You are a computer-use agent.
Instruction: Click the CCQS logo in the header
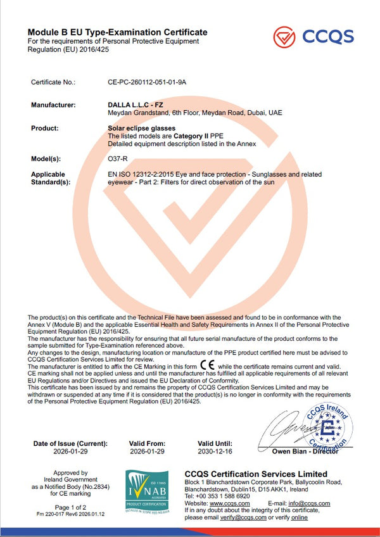coord(313,36)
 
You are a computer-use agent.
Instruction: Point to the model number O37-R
coord(118,159)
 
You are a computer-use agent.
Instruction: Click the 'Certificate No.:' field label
coord(53,82)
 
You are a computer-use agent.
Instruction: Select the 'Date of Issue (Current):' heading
coord(70,444)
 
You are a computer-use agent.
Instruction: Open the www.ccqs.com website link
coord(230,503)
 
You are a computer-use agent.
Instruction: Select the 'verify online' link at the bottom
coord(300,517)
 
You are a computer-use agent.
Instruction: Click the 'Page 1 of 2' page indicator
coord(70,507)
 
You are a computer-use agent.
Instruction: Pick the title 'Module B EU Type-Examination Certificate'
coord(117,32)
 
